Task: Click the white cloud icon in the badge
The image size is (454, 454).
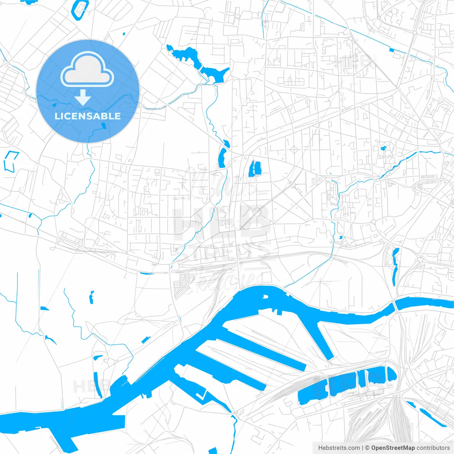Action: click(87, 70)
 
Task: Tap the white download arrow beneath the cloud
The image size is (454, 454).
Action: click(83, 97)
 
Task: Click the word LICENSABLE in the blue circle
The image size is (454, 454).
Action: click(88, 116)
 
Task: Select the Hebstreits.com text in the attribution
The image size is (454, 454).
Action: click(339, 448)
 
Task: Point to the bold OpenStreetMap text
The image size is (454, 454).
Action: click(393, 448)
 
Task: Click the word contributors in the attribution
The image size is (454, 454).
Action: click(433, 448)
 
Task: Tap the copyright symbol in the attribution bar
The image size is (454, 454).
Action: click(367, 448)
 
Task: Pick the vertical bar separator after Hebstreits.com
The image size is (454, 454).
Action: click(362, 448)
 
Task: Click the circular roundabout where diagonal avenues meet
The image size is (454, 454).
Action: click(257, 212)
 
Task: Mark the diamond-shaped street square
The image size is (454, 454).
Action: click(294, 149)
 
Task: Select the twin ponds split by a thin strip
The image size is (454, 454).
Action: click(255, 168)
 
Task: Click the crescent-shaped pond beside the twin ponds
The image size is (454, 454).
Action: click(222, 158)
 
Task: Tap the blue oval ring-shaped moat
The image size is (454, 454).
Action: click(80, 9)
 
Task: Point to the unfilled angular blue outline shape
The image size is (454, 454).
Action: click(11, 161)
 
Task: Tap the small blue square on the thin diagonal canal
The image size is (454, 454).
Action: click(392, 50)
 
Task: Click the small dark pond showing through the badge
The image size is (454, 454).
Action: click(103, 126)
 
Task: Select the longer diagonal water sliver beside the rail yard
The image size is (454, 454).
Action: click(433, 418)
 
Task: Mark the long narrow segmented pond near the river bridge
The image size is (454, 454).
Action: click(395, 266)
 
